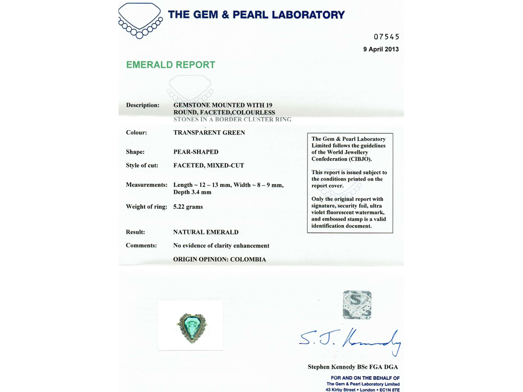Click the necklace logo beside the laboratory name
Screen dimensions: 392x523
139,20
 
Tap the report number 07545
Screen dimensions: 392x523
386,37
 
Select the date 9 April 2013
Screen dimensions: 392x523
381,50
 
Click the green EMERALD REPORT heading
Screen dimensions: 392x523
170,65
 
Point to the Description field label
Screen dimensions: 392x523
142,105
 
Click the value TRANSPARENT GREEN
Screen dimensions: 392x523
209,133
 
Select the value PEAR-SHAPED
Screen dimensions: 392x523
196,152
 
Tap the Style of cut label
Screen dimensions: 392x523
142,165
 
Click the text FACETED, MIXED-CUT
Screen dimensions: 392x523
208,165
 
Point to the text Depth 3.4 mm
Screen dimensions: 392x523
192,192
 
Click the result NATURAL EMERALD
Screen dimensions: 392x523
206,232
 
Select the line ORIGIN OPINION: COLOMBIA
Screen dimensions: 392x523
220,259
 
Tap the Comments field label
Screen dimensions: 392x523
141,246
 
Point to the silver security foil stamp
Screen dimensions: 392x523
357,305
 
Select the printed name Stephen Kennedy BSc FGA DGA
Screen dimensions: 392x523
352,367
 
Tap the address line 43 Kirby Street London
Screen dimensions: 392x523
363,389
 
